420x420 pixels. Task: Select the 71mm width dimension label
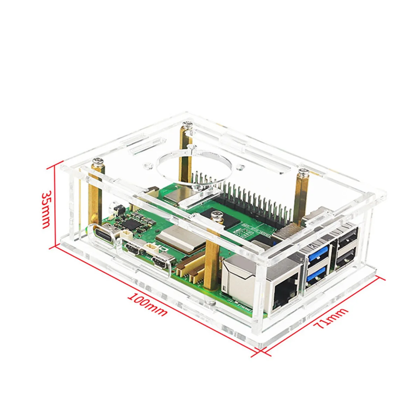(330, 318)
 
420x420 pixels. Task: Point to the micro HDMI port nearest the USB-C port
(133, 250)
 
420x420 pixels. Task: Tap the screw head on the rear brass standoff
(186, 123)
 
